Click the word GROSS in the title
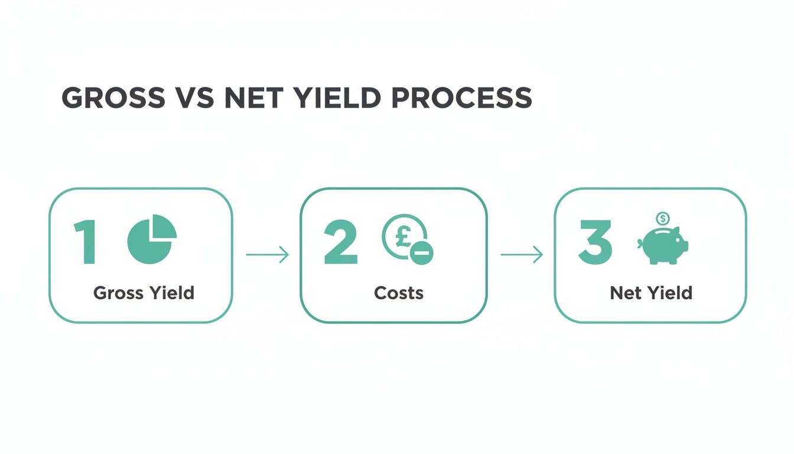(x=112, y=98)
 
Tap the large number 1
(x=86, y=243)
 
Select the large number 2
(x=341, y=243)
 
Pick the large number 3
(x=595, y=243)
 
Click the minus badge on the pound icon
(x=422, y=253)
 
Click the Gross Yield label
(x=144, y=293)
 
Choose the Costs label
(x=399, y=293)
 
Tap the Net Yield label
(x=651, y=293)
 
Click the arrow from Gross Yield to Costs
(x=267, y=255)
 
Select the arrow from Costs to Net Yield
(x=521, y=255)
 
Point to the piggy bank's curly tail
(x=640, y=243)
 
